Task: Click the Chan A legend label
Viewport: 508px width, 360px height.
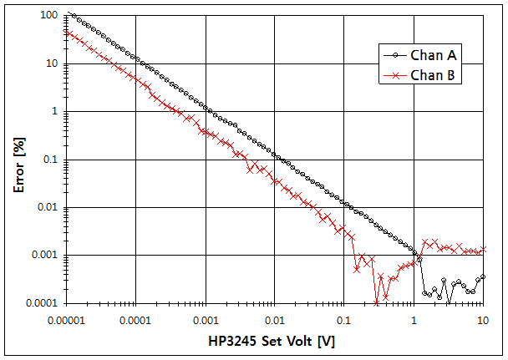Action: [431, 55]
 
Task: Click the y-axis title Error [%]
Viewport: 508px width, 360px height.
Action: [18, 159]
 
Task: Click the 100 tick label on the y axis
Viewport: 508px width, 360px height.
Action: [48, 16]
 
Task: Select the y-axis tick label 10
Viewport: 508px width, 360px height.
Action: [51, 63]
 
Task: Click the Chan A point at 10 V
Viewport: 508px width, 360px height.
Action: [482, 276]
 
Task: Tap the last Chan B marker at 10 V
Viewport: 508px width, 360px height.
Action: [482, 248]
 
